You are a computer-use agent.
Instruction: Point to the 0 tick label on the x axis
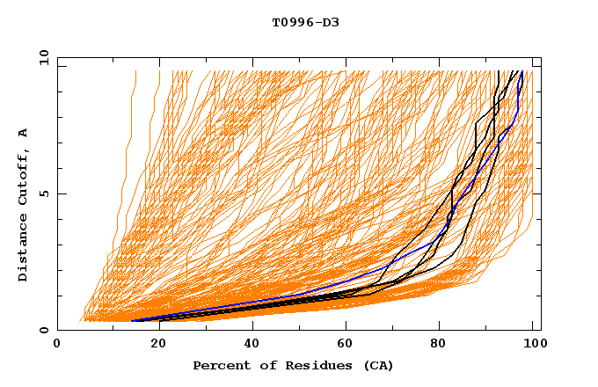pos(58,346)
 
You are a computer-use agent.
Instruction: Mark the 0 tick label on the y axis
pos(44,331)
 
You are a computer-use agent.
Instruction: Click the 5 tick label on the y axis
pos(44,194)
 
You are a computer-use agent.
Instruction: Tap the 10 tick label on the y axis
pos(41,57)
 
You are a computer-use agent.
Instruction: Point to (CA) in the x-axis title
pos(377,365)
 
